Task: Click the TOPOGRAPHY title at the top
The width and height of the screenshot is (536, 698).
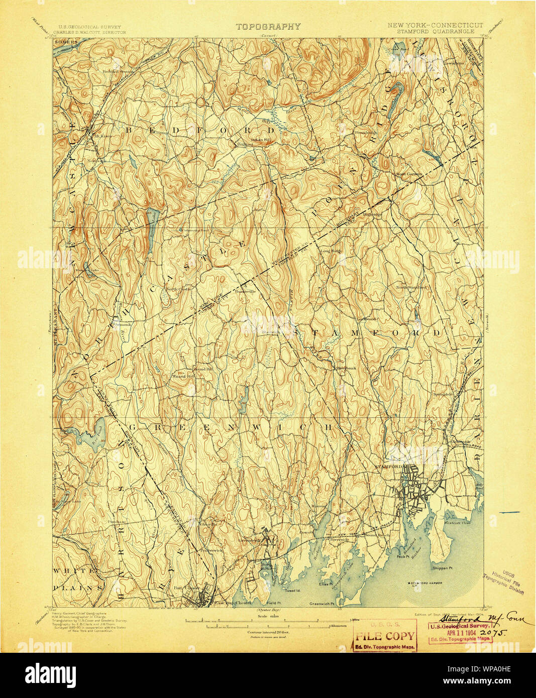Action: tap(268, 27)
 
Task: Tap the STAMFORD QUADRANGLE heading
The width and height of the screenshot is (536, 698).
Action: tap(435, 31)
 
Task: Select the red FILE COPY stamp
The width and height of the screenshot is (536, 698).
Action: tap(385, 636)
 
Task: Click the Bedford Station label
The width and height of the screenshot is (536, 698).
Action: tap(119, 71)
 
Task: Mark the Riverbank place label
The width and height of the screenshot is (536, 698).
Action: tap(346, 368)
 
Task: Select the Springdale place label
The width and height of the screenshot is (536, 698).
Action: tap(444, 394)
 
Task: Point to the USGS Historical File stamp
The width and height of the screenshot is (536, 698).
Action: tap(504, 583)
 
